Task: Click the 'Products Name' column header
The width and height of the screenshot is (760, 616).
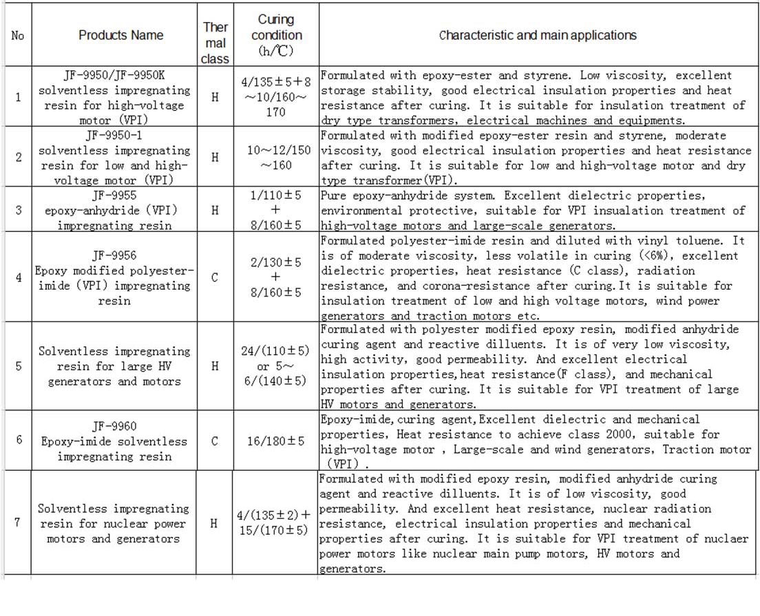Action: coord(120,35)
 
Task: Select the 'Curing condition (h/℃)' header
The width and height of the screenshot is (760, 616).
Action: coord(276,35)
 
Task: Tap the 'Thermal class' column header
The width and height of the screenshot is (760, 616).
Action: coord(215,43)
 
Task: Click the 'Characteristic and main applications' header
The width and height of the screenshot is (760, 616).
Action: coord(538,35)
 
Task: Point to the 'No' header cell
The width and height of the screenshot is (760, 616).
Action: coord(17,35)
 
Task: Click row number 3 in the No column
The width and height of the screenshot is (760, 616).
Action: coord(18,210)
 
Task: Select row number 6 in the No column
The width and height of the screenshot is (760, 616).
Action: coord(18,440)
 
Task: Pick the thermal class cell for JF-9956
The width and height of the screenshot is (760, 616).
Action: coord(215,277)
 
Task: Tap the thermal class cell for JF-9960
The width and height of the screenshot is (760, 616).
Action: coord(215,441)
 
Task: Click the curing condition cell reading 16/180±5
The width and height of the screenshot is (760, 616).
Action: coord(276,441)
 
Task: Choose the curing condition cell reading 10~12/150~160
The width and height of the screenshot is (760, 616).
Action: coord(276,158)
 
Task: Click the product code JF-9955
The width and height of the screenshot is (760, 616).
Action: coord(114,195)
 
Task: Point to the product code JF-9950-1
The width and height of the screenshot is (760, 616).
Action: coord(114,136)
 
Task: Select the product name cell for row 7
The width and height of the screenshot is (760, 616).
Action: coord(114,524)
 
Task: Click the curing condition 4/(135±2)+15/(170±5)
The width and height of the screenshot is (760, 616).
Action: coord(274,523)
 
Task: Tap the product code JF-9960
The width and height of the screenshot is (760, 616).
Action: coord(114,426)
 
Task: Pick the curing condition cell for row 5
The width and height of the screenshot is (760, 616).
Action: coord(274,366)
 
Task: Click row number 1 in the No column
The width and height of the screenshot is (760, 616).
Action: coord(18,97)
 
